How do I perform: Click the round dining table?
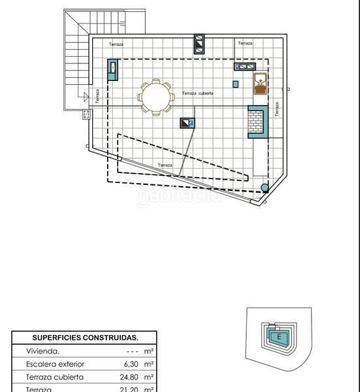155,96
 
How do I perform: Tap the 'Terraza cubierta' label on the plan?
198,93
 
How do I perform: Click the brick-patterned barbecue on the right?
257,121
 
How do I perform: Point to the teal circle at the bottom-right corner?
265,189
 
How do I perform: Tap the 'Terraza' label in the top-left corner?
116,44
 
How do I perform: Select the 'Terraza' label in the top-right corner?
245,43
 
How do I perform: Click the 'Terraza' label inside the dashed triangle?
165,165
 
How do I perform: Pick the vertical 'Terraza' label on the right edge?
276,109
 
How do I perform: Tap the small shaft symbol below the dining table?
187,122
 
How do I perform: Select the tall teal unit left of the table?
114,69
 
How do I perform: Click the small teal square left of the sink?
236,83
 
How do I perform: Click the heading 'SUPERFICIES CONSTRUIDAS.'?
85,338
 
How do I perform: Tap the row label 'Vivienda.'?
42,351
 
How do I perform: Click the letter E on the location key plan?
279,337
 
